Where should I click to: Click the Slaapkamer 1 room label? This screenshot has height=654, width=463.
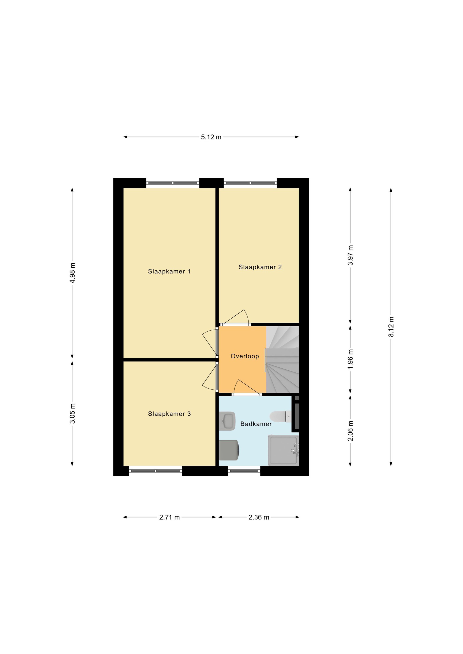point(169,271)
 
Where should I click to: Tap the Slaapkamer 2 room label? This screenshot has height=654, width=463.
point(260,267)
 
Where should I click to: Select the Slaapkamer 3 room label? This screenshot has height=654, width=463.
point(169,414)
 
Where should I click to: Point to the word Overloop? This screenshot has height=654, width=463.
point(244,356)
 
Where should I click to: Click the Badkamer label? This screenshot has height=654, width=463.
point(256,424)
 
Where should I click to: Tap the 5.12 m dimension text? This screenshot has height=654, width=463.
point(211,137)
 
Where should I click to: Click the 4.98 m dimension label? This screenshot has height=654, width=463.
point(73,273)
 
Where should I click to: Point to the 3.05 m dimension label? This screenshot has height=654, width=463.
point(73,413)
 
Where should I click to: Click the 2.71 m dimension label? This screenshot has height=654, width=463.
point(169,517)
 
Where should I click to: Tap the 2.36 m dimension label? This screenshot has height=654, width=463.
point(259,517)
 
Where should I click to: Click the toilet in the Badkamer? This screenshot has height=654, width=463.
point(281,416)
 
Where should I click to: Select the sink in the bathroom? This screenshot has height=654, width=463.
point(227,421)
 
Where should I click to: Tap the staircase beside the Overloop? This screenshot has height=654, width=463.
point(282,359)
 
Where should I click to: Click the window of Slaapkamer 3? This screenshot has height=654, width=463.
point(156,471)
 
